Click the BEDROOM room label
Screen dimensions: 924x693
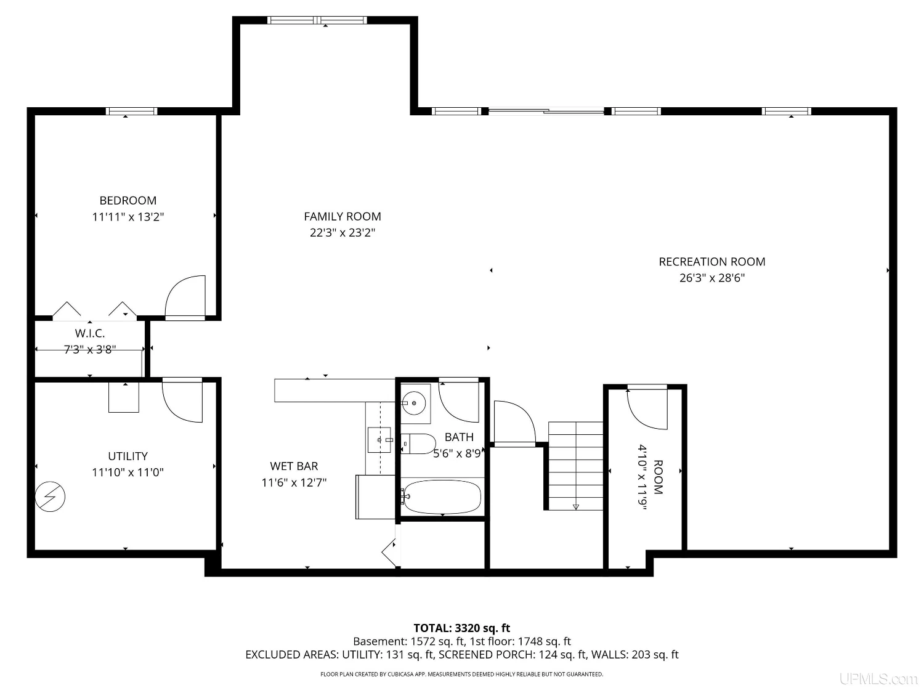[128, 200]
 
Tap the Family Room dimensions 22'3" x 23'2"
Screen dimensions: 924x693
[342, 233]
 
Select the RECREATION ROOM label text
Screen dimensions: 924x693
[712, 262]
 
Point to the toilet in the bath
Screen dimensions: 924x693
[418, 444]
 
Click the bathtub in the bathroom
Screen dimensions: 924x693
[442, 497]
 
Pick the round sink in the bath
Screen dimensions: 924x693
[414, 403]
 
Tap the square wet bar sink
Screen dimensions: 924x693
[379, 440]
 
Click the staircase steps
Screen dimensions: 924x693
[575, 466]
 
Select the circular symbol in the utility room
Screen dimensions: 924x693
[50, 496]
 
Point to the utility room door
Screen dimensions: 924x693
[182, 400]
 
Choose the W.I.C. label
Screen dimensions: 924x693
[90, 333]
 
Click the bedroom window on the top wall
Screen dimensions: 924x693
[131, 111]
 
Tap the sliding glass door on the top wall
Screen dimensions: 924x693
[546, 111]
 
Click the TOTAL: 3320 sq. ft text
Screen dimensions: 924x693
[462, 628]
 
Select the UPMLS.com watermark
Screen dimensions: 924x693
[878, 679]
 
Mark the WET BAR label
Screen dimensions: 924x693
[294, 466]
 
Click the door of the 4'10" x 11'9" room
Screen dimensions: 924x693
[647, 407]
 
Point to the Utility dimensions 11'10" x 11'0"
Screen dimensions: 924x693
[128, 472]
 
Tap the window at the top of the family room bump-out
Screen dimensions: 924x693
[317, 20]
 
